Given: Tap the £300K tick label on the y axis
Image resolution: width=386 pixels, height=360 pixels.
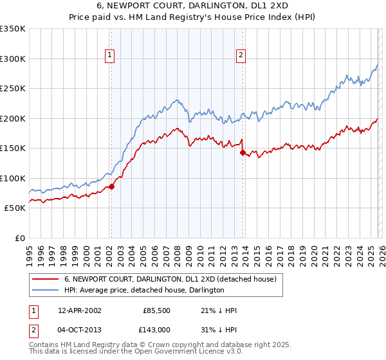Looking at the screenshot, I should [13, 59].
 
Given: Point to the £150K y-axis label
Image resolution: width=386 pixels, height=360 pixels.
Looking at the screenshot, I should [13, 148].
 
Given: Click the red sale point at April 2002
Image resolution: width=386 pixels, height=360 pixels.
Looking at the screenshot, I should [111, 186].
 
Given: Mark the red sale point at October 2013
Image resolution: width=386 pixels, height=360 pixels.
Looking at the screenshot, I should [243, 152].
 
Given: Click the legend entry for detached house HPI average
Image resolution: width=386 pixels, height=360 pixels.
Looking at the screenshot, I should [143, 290].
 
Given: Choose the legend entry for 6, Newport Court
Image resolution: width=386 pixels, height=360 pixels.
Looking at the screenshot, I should [170, 279].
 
